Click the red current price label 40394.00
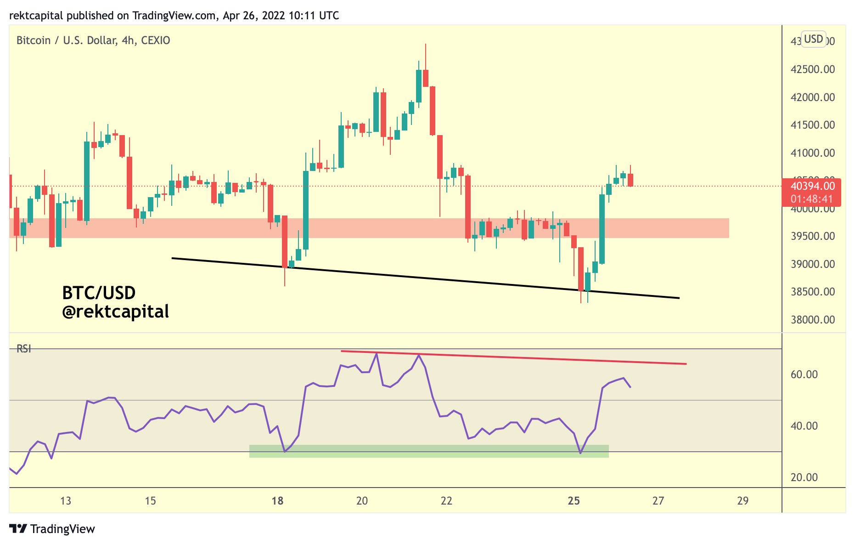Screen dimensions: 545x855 (x=812, y=186)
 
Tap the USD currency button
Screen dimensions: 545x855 (x=813, y=39)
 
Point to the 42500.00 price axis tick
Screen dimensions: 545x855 (x=812, y=69)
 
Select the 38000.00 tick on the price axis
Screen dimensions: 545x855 (x=812, y=320)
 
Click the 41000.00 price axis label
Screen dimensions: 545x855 (x=812, y=153)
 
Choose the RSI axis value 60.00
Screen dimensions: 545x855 (x=804, y=375)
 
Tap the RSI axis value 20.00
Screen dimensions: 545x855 (x=804, y=477)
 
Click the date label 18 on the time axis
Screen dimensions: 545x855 (x=277, y=501)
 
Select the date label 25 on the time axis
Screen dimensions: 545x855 (x=574, y=501)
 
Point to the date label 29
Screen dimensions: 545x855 (x=742, y=501)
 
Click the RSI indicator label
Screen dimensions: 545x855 (x=24, y=349)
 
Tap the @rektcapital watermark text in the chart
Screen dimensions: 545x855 (x=115, y=312)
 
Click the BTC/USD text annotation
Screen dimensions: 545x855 (x=99, y=293)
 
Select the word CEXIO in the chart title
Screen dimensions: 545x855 (x=156, y=40)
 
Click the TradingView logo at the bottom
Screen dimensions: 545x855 (x=52, y=529)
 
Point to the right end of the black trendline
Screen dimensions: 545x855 (x=678, y=298)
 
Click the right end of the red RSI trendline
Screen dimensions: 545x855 (x=686, y=364)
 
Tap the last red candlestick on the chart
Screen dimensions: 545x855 (x=630, y=180)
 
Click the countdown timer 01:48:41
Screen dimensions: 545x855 (x=811, y=199)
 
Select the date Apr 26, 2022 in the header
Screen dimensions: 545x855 (x=253, y=16)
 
